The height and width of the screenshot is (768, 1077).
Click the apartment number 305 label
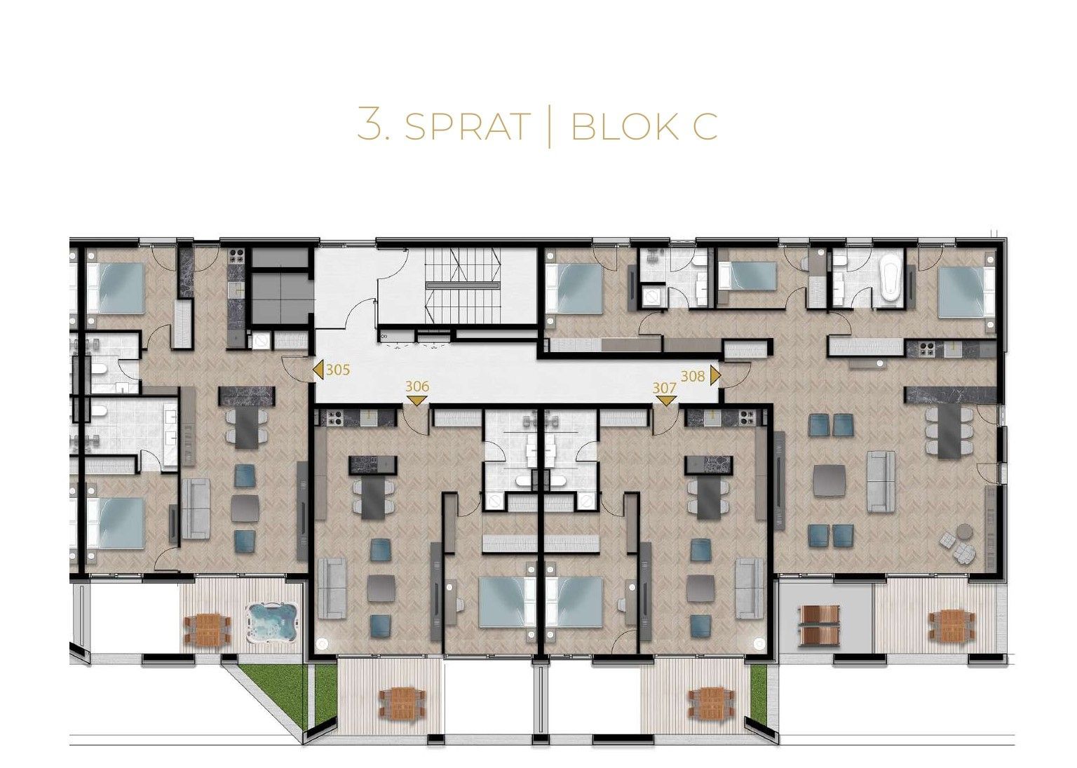[x=337, y=370]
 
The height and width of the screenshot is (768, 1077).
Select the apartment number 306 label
[x=417, y=386]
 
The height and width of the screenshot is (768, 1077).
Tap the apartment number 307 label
[x=664, y=388]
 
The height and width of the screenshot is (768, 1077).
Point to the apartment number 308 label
[x=692, y=376]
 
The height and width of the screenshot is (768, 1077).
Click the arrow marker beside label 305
[x=318, y=370]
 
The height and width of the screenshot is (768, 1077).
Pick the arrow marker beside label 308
[x=714, y=376]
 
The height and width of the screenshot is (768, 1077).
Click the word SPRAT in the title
[x=467, y=126]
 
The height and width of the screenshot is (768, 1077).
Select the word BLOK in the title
[x=622, y=126]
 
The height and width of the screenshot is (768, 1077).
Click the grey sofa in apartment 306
[x=332, y=588]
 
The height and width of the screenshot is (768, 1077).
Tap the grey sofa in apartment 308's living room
[x=881, y=481]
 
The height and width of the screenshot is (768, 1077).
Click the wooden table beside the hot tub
[x=208, y=629]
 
